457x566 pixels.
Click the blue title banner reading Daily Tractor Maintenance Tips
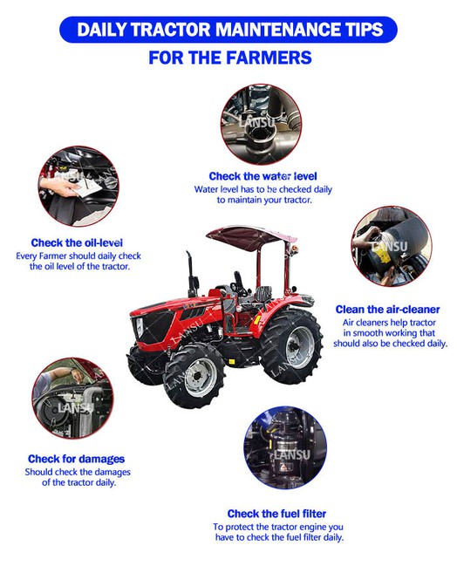click(228, 30)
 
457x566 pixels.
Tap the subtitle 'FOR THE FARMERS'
click(230, 58)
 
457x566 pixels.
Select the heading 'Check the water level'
click(263, 176)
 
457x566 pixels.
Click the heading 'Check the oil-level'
click(77, 242)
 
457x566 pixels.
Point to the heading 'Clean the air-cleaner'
click(388, 310)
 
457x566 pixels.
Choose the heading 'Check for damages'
click(76, 459)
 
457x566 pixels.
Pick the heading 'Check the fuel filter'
click(276, 514)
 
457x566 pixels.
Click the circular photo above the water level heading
click(261, 125)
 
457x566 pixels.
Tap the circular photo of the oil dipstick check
click(78, 187)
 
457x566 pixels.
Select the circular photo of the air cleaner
click(392, 247)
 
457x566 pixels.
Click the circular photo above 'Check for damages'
click(72, 398)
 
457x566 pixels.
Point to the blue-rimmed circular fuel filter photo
click(285, 447)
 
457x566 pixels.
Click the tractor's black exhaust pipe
click(191, 273)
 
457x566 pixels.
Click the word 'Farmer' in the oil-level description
click(52, 256)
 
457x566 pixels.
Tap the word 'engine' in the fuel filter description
click(313, 528)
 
